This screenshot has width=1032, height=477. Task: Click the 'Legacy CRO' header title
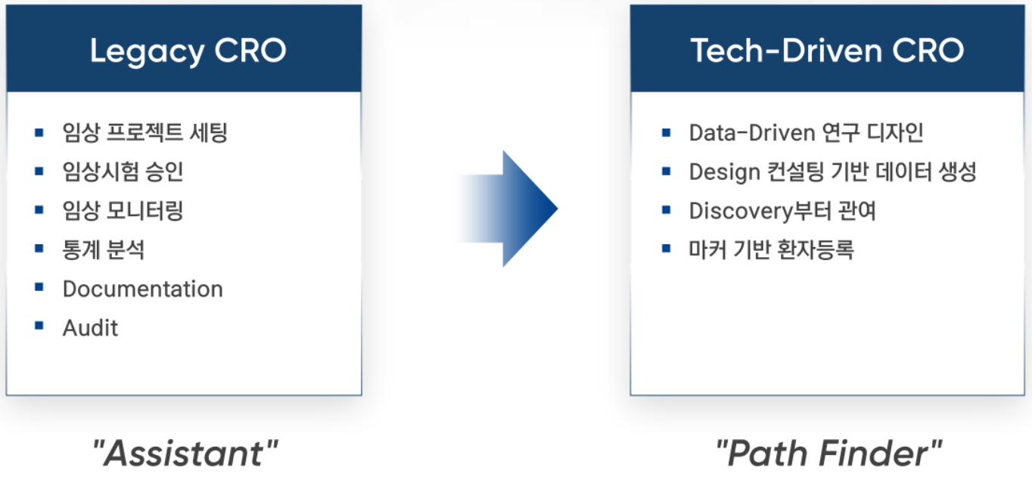pos(188,51)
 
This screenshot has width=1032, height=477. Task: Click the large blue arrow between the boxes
pos(507,209)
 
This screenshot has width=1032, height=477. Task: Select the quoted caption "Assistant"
pos(185,453)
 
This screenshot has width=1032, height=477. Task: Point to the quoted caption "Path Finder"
pos(828,453)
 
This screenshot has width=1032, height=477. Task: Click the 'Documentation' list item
pos(143,289)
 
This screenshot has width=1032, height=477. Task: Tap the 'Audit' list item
pos(90,328)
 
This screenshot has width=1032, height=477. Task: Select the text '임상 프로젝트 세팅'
pos(145,132)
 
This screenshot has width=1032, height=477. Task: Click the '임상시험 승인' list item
pos(123,172)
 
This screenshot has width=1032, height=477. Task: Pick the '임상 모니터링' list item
pos(123,210)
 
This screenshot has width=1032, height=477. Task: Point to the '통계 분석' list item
pos(103,250)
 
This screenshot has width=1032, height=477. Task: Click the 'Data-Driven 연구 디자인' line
pos(807,132)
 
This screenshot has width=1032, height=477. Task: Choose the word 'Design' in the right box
pos(724,172)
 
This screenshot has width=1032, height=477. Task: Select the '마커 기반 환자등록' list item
pos(772,250)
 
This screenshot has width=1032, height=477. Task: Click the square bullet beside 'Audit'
pos(39,326)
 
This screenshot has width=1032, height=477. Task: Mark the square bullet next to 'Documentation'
pos(39,287)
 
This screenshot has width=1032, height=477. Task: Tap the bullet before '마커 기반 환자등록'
pos(667,249)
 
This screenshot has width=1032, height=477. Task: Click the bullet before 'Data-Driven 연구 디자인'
pos(667,132)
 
